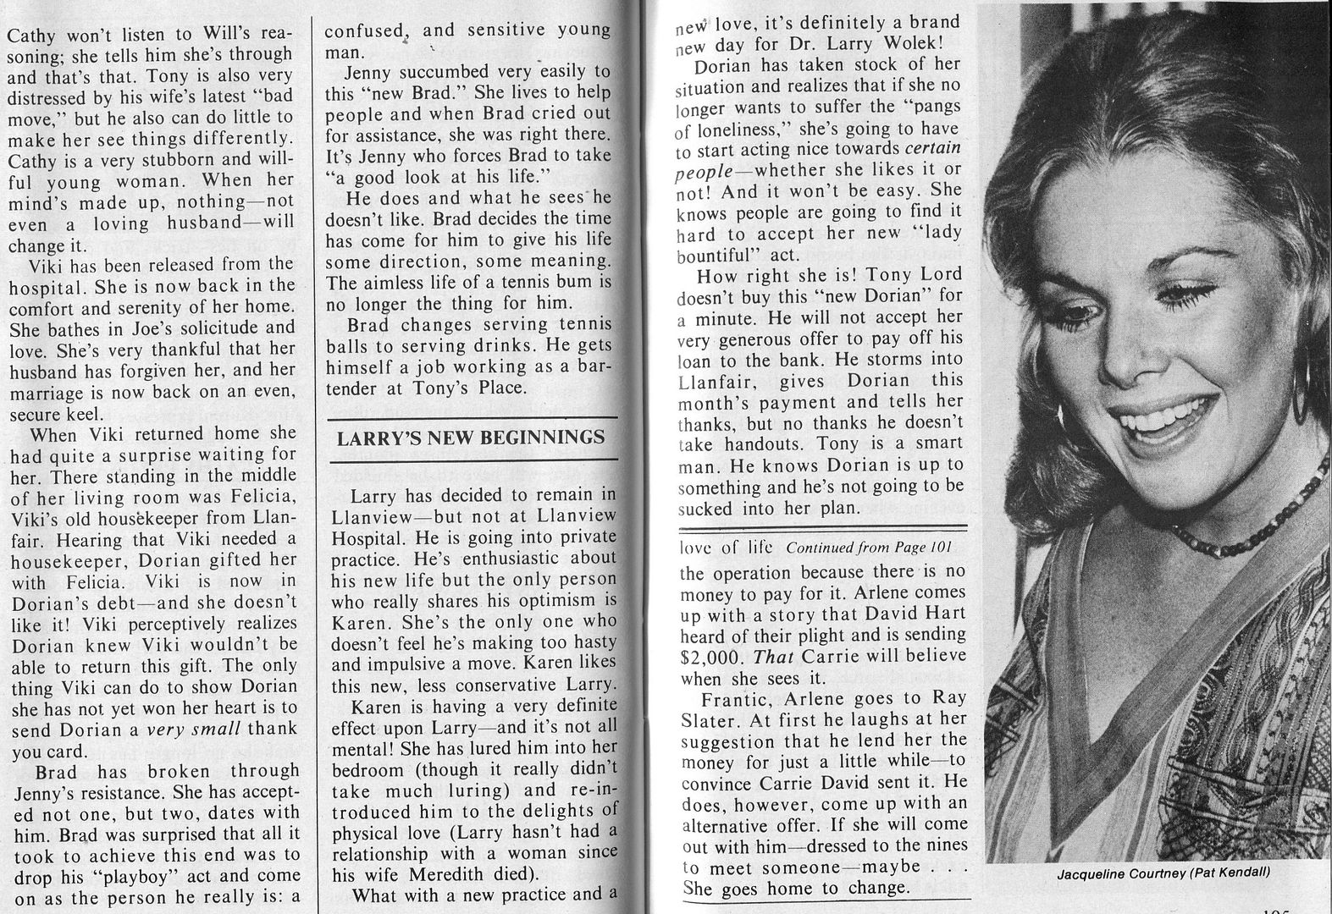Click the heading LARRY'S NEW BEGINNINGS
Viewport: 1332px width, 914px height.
[470, 438]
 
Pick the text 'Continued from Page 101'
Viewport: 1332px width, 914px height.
[857, 548]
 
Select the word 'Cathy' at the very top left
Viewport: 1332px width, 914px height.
[31, 36]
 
